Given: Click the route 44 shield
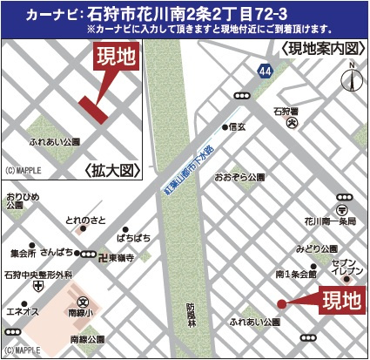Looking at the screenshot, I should (x=265, y=69).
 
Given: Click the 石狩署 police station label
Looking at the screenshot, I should (x=286, y=111).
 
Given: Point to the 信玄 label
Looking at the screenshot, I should (x=238, y=127).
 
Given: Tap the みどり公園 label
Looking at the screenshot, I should (x=313, y=249).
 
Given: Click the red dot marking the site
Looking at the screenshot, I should (x=281, y=303).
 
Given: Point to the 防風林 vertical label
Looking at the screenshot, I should (x=191, y=315).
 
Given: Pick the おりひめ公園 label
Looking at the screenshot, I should (x=20, y=202).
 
